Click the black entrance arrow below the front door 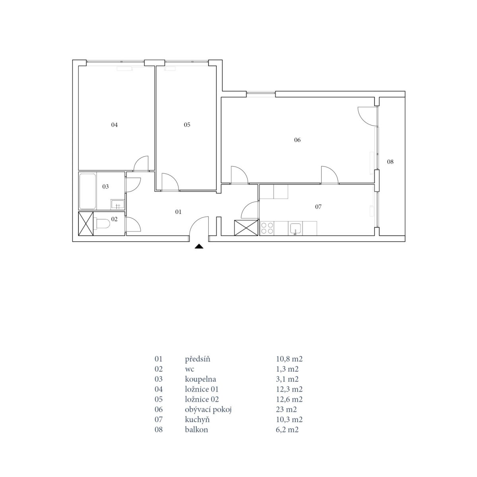pos(199,246)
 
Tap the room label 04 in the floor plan pos(114,125)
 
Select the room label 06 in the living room pos(297,140)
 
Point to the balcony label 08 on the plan pos(390,162)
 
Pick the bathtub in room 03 pos(87,191)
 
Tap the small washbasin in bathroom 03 pos(117,204)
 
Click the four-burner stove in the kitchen pos(267,228)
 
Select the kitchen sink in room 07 pos(295,228)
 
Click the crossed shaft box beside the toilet pos(85,223)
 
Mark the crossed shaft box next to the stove pos(246,228)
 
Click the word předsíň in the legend pos(197,359)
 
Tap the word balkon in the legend pos(196,429)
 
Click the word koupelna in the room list pos(200,380)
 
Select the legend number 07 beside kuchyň pos(159,419)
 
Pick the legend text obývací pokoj pos(208,410)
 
